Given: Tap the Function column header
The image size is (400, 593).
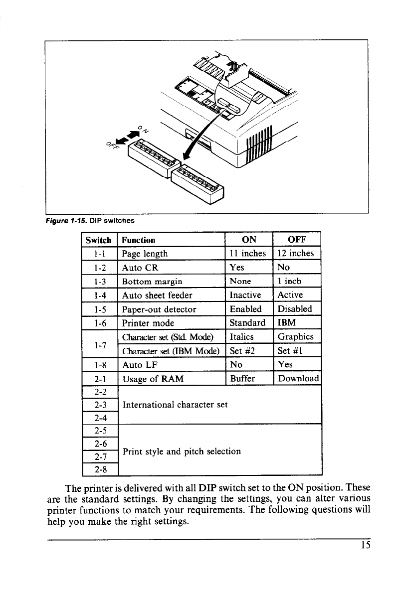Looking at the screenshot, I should coord(138,240).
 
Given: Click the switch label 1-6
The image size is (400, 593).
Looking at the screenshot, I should coord(98,323).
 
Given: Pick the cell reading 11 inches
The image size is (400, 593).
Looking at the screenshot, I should coord(248,253).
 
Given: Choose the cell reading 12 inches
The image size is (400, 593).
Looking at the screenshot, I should coord(296,253).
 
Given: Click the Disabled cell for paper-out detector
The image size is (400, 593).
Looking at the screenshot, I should coord(295,309).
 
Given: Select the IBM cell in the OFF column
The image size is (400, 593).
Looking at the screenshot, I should coord(286,323).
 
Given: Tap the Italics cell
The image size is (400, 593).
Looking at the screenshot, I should coord(243,337).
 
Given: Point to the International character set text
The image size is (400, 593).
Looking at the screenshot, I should coord(175,405).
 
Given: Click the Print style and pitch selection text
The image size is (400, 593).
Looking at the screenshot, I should coord(182,451).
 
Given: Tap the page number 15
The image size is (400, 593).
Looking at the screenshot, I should coord(366,545).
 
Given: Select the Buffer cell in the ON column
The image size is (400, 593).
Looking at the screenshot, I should coord(242,379).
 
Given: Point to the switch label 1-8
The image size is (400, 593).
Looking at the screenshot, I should coord(98,365).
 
